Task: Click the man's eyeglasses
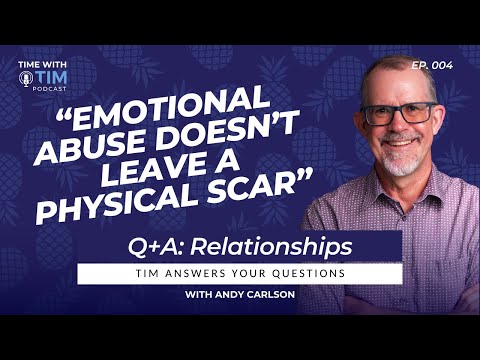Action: point(398,113)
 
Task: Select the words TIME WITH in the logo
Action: point(41,66)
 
